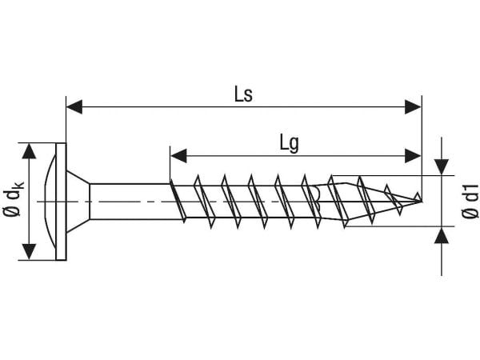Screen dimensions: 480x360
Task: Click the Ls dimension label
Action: (x=243, y=94)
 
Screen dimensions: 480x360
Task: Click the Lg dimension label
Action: (x=289, y=143)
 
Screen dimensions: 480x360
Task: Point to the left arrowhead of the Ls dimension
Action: (x=74, y=107)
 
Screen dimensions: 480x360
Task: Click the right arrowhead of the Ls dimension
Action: (x=413, y=107)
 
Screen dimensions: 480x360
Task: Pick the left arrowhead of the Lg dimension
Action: (x=178, y=156)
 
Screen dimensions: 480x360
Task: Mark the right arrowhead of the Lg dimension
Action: (x=413, y=156)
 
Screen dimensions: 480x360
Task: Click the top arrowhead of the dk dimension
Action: (x=29, y=151)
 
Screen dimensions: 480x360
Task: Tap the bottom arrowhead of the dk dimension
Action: (x=29, y=252)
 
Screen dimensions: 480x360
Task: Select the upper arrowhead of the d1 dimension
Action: (x=442, y=167)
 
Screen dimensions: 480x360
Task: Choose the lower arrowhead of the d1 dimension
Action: (x=442, y=235)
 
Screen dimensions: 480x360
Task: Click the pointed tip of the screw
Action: (x=422, y=201)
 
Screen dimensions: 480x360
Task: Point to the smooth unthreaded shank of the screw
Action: (x=130, y=202)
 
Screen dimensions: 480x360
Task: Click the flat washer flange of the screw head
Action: (x=61, y=202)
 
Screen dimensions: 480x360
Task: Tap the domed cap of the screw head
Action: (x=49, y=202)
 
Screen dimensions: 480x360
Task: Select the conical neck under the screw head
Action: (x=78, y=202)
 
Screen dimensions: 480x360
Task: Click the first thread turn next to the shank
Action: (x=178, y=201)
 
